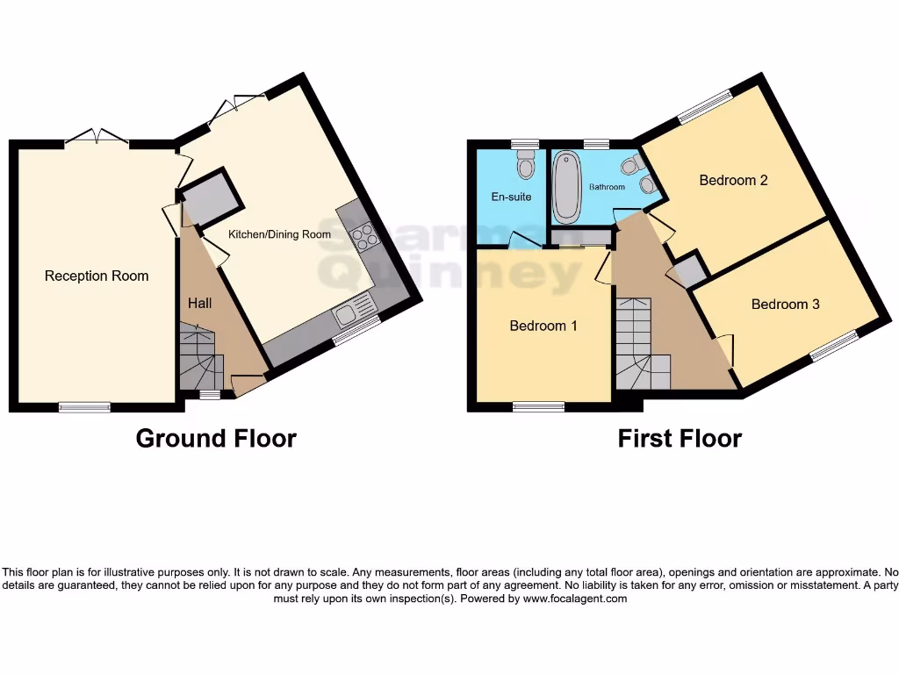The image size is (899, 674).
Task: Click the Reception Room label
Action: click(x=97, y=276)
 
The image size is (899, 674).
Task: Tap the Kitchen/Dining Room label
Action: click(x=279, y=234)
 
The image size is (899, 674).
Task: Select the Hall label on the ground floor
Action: click(x=199, y=303)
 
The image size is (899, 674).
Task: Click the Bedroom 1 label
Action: click(x=543, y=326)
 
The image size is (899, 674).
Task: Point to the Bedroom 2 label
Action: click(x=733, y=180)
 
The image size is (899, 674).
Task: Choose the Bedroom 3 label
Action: click(x=785, y=305)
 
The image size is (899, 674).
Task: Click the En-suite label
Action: click(x=510, y=197)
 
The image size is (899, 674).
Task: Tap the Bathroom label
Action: click(x=607, y=187)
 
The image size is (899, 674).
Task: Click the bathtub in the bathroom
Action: click(x=566, y=186)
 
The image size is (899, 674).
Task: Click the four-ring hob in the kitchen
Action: click(x=364, y=236)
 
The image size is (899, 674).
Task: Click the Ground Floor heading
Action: click(x=216, y=438)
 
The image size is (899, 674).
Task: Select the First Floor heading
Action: click(x=680, y=438)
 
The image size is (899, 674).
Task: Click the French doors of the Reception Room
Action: click(x=97, y=137)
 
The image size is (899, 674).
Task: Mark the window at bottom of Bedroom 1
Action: click(x=539, y=406)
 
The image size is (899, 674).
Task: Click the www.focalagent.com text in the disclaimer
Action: click(x=575, y=599)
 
